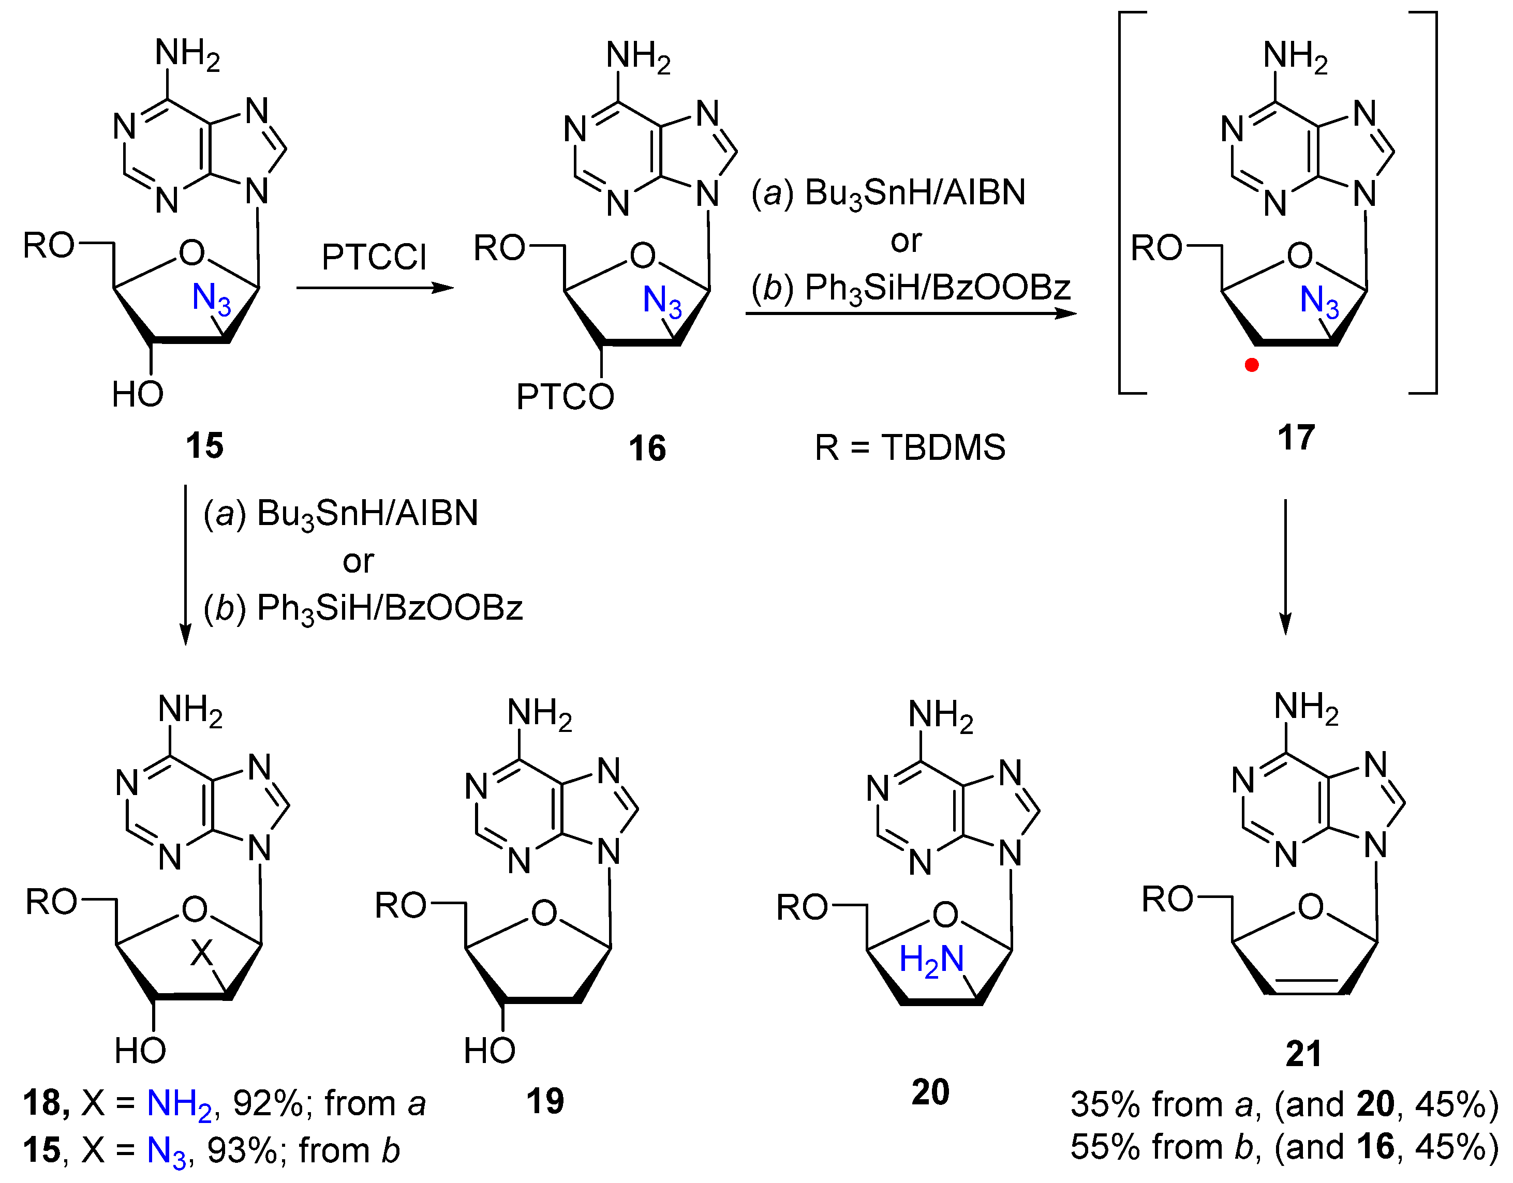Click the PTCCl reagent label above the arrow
tap(374, 257)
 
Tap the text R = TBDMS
tap(910, 447)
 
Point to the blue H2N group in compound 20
tap(931, 960)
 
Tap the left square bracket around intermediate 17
tap(1124, 201)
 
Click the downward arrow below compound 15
tap(186, 564)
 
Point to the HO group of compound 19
tap(489, 1051)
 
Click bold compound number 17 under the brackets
tap(1296, 438)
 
